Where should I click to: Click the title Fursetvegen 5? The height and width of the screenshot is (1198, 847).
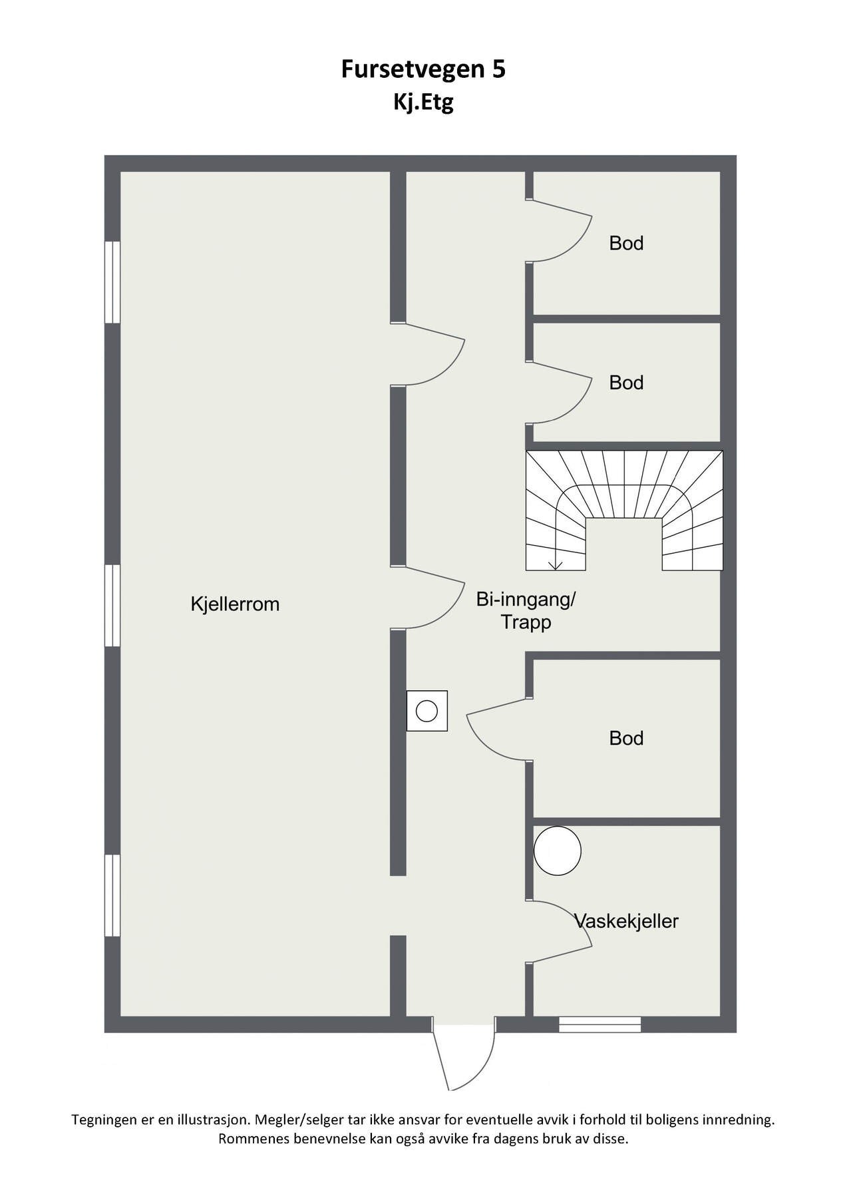pyautogui.click(x=423, y=69)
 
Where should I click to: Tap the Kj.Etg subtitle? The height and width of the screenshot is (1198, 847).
pyautogui.click(x=423, y=103)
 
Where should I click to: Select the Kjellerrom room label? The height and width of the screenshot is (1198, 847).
pyautogui.click(x=235, y=604)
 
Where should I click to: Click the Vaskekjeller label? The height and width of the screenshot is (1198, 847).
pyautogui.click(x=626, y=921)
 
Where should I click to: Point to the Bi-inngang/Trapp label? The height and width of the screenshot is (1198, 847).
pyautogui.click(x=526, y=611)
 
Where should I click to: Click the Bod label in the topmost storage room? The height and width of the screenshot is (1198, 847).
pyautogui.click(x=626, y=244)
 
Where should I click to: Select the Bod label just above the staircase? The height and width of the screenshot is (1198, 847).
pyautogui.click(x=626, y=383)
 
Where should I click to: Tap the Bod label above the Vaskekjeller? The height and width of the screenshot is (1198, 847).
pyautogui.click(x=626, y=738)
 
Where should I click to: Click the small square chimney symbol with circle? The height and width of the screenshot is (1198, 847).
pyautogui.click(x=426, y=711)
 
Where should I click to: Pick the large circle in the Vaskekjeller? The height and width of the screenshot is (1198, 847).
pyautogui.click(x=558, y=851)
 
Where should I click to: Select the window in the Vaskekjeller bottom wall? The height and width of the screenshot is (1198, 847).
pyautogui.click(x=599, y=1024)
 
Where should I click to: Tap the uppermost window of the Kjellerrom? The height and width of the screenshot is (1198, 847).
pyautogui.click(x=112, y=282)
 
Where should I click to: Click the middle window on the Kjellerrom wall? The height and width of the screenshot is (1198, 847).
pyautogui.click(x=112, y=606)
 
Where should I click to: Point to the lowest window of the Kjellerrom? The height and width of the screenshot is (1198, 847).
pyautogui.click(x=112, y=896)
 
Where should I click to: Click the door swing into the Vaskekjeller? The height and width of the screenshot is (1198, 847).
pyautogui.click(x=562, y=932)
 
